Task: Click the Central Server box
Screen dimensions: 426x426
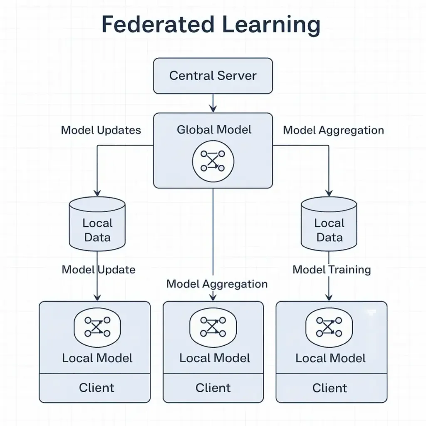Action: click(x=213, y=76)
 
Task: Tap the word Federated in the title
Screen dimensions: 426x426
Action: click(x=158, y=25)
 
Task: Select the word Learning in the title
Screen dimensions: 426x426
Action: click(x=271, y=25)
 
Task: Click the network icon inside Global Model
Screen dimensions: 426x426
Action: click(x=213, y=161)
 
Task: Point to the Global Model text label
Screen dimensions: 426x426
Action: click(x=214, y=130)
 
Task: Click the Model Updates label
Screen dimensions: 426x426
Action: click(x=101, y=130)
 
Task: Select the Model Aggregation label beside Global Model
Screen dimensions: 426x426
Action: click(x=333, y=130)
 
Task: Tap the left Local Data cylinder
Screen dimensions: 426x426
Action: click(x=97, y=224)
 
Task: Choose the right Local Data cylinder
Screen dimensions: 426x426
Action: click(x=329, y=224)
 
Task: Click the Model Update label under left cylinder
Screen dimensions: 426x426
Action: click(x=99, y=270)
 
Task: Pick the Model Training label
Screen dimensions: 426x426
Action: click(x=332, y=270)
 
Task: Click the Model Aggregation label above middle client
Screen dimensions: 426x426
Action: click(x=217, y=284)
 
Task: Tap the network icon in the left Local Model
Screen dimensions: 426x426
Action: click(x=97, y=327)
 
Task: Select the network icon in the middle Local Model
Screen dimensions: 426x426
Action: click(x=213, y=327)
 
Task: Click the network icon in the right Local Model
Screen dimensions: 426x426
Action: click(x=329, y=327)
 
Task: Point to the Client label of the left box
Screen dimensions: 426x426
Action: click(x=97, y=388)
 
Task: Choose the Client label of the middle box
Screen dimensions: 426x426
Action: click(x=213, y=388)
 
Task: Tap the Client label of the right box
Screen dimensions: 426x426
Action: click(x=329, y=388)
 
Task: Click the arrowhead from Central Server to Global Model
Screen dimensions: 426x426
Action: click(x=213, y=109)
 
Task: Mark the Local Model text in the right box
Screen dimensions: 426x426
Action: click(x=330, y=358)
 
